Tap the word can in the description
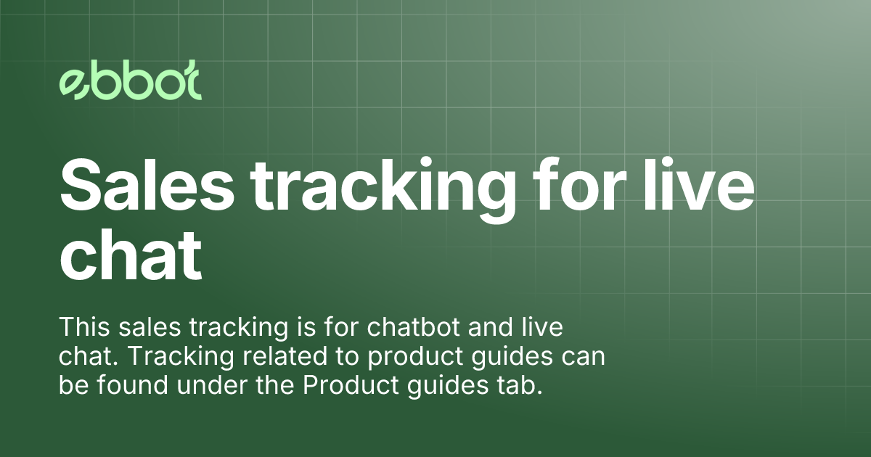click(x=583, y=357)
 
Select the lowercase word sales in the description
click(x=144, y=327)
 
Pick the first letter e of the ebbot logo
click(x=73, y=85)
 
